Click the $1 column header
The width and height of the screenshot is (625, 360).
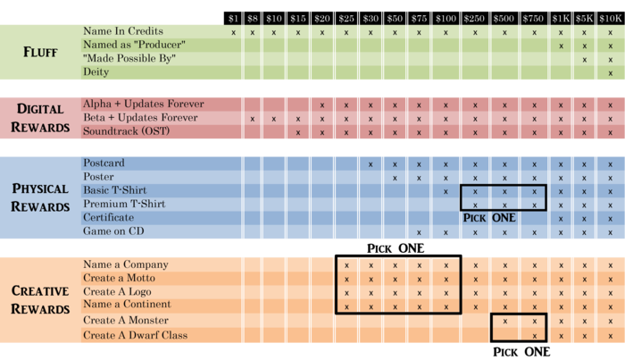pos(233,18)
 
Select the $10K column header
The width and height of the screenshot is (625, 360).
pos(610,18)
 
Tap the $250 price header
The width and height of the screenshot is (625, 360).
pos(475,18)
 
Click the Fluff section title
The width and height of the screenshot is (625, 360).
pos(40,52)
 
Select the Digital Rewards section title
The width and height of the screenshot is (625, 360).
pos(40,118)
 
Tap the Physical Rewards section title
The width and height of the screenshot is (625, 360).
pos(40,197)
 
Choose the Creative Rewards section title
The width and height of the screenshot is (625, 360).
pos(40,299)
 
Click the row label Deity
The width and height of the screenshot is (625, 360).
pos(96,71)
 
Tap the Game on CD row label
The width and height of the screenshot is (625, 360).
pos(115,231)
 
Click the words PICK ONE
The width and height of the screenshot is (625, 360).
pos(489,218)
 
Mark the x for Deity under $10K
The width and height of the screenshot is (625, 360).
pos(610,72)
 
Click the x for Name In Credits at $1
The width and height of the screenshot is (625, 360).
pos(233,32)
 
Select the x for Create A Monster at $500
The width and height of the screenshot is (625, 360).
pos(505,321)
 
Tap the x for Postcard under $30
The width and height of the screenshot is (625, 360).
pos(370,163)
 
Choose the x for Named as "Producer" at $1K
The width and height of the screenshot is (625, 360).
pos(562,46)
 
